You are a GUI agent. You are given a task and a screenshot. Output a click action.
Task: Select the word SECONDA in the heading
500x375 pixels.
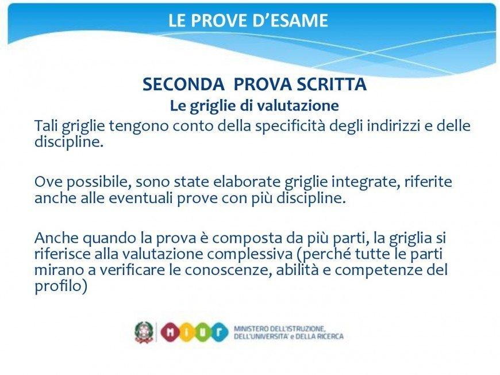[184, 84]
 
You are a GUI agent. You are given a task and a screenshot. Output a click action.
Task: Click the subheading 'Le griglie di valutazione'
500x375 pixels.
[254, 105]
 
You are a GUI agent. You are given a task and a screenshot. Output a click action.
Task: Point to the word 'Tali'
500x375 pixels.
[46, 125]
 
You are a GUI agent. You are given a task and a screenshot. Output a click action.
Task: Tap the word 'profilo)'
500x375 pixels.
[61, 286]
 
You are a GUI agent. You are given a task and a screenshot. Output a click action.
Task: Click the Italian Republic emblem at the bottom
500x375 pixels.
[144, 332]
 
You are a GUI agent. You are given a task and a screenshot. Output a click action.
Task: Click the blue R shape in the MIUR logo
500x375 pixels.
[219, 332]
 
